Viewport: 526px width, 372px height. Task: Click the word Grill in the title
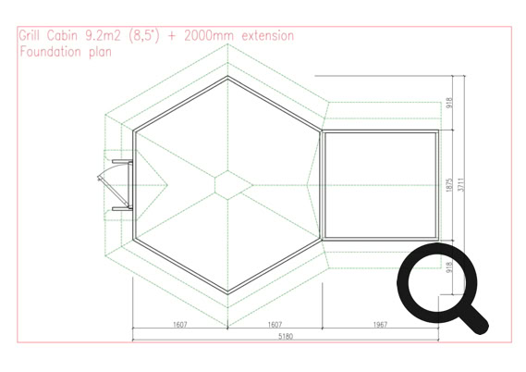tap(30, 35)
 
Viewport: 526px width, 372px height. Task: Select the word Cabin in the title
tap(62, 35)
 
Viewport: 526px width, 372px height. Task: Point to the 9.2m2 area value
tap(103, 35)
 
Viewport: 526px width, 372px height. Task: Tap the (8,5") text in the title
tap(144, 35)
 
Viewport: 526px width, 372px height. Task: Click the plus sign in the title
tap(171, 36)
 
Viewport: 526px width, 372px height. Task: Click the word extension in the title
tap(268, 35)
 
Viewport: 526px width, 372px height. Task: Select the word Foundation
tap(50, 52)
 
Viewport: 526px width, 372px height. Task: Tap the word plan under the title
tap(101, 53)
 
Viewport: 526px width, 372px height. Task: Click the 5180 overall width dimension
tap(286, 336)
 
